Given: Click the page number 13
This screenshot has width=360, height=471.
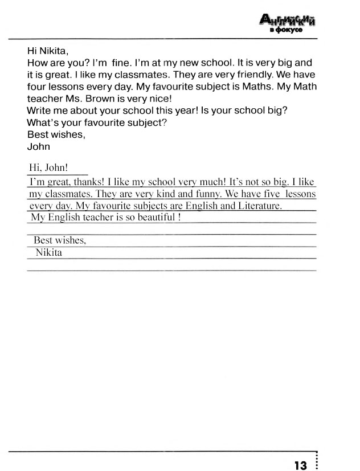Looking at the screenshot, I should point(301,465).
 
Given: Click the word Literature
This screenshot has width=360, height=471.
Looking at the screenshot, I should point(259,206).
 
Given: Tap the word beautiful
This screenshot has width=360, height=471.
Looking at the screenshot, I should point(154,218).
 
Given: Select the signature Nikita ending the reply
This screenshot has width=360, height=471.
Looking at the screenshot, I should point(49,252).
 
